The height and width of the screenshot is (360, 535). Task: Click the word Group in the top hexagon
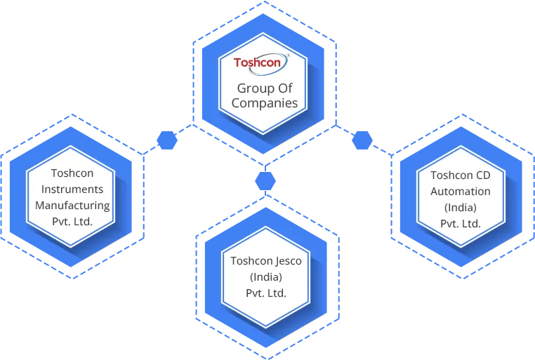pos(253,88)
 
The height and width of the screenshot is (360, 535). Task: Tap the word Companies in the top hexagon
pos(265,103)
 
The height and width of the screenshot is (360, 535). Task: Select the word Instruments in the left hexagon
pos(72,189)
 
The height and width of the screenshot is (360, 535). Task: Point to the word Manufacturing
pos(72,206)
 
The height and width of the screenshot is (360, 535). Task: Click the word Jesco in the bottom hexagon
pos(288,260)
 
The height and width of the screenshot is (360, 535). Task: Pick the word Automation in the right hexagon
pos(461,191)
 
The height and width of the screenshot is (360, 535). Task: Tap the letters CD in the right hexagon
pos(482,175)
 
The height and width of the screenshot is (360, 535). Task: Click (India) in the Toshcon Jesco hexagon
pos(266,276)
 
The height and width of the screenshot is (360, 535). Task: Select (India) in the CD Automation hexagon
pos(461,208)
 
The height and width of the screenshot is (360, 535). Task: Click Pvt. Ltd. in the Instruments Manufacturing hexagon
pos(72,222)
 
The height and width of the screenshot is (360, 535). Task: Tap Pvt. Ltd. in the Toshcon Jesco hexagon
pos(266,293)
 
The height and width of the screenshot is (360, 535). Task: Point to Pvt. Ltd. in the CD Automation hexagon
pos(461,224)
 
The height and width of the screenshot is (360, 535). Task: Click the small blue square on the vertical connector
pos(265,180)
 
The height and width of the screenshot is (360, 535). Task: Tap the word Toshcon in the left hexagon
pos(72,173)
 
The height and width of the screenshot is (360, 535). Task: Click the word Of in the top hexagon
pos(284,88)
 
